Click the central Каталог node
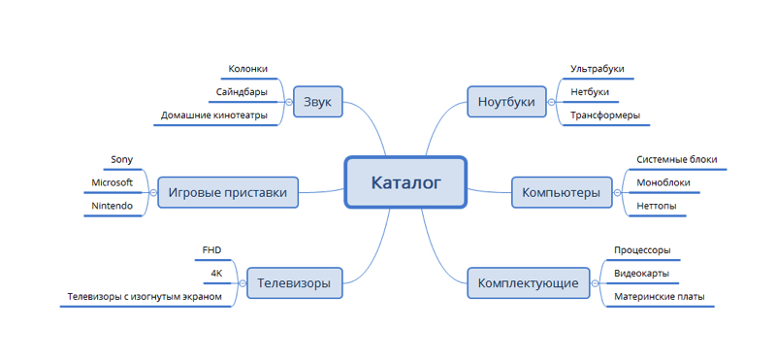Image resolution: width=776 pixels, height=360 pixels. (405, 181)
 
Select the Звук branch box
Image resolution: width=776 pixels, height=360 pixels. (317, 102)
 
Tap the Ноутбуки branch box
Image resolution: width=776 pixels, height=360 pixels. (506, 102)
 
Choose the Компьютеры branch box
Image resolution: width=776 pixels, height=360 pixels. (561, 192)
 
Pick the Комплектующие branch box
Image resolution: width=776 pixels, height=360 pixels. (529, 283)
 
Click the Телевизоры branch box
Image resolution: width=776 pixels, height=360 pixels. (294, 283)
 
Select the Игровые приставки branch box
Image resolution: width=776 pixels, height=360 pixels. (228, 192)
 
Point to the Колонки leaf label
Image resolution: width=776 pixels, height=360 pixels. (247, 70)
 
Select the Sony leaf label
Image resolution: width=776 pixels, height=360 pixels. (122, 159)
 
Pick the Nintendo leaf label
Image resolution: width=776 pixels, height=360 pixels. (113, 206)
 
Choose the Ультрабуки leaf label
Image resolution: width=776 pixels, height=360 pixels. (598, 70)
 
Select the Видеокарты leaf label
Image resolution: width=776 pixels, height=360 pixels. (642, 274)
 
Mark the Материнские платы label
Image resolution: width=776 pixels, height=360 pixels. (660, 297)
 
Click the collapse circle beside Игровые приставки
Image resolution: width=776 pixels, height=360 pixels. (152, 192)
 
